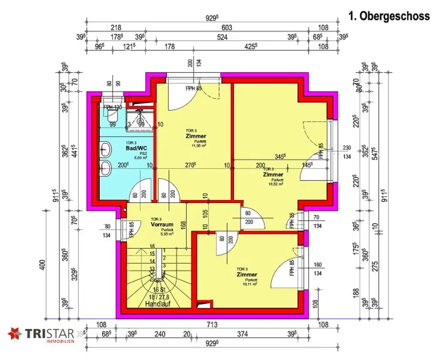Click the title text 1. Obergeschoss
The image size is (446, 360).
coord(389,16)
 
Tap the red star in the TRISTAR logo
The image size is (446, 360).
coord(15,334)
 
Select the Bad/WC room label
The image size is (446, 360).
coord(134,149)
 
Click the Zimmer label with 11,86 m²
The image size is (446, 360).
coord(196,136)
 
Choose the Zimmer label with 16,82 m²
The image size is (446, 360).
coord(273,174)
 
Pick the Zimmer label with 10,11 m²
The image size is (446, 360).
coord(247,275)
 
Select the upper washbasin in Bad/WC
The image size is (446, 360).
coord(105,151)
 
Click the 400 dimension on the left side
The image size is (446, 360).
coord(42,265)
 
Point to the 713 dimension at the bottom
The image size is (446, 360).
coord(212,325)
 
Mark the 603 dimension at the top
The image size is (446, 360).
coord(227,27)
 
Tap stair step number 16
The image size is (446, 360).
coord(152,246)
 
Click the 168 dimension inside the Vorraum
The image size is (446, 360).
coord(184,225)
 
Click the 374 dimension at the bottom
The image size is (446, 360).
coord(242,335)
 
